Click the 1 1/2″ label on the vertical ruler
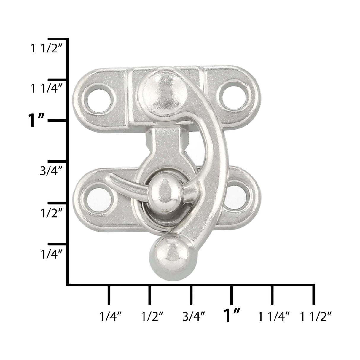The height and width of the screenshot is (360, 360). (47, 49)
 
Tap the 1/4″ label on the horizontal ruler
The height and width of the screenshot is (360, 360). (109, 316)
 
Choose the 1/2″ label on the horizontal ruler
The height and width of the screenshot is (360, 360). (150, 316)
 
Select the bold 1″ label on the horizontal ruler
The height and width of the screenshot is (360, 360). (232, 316)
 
